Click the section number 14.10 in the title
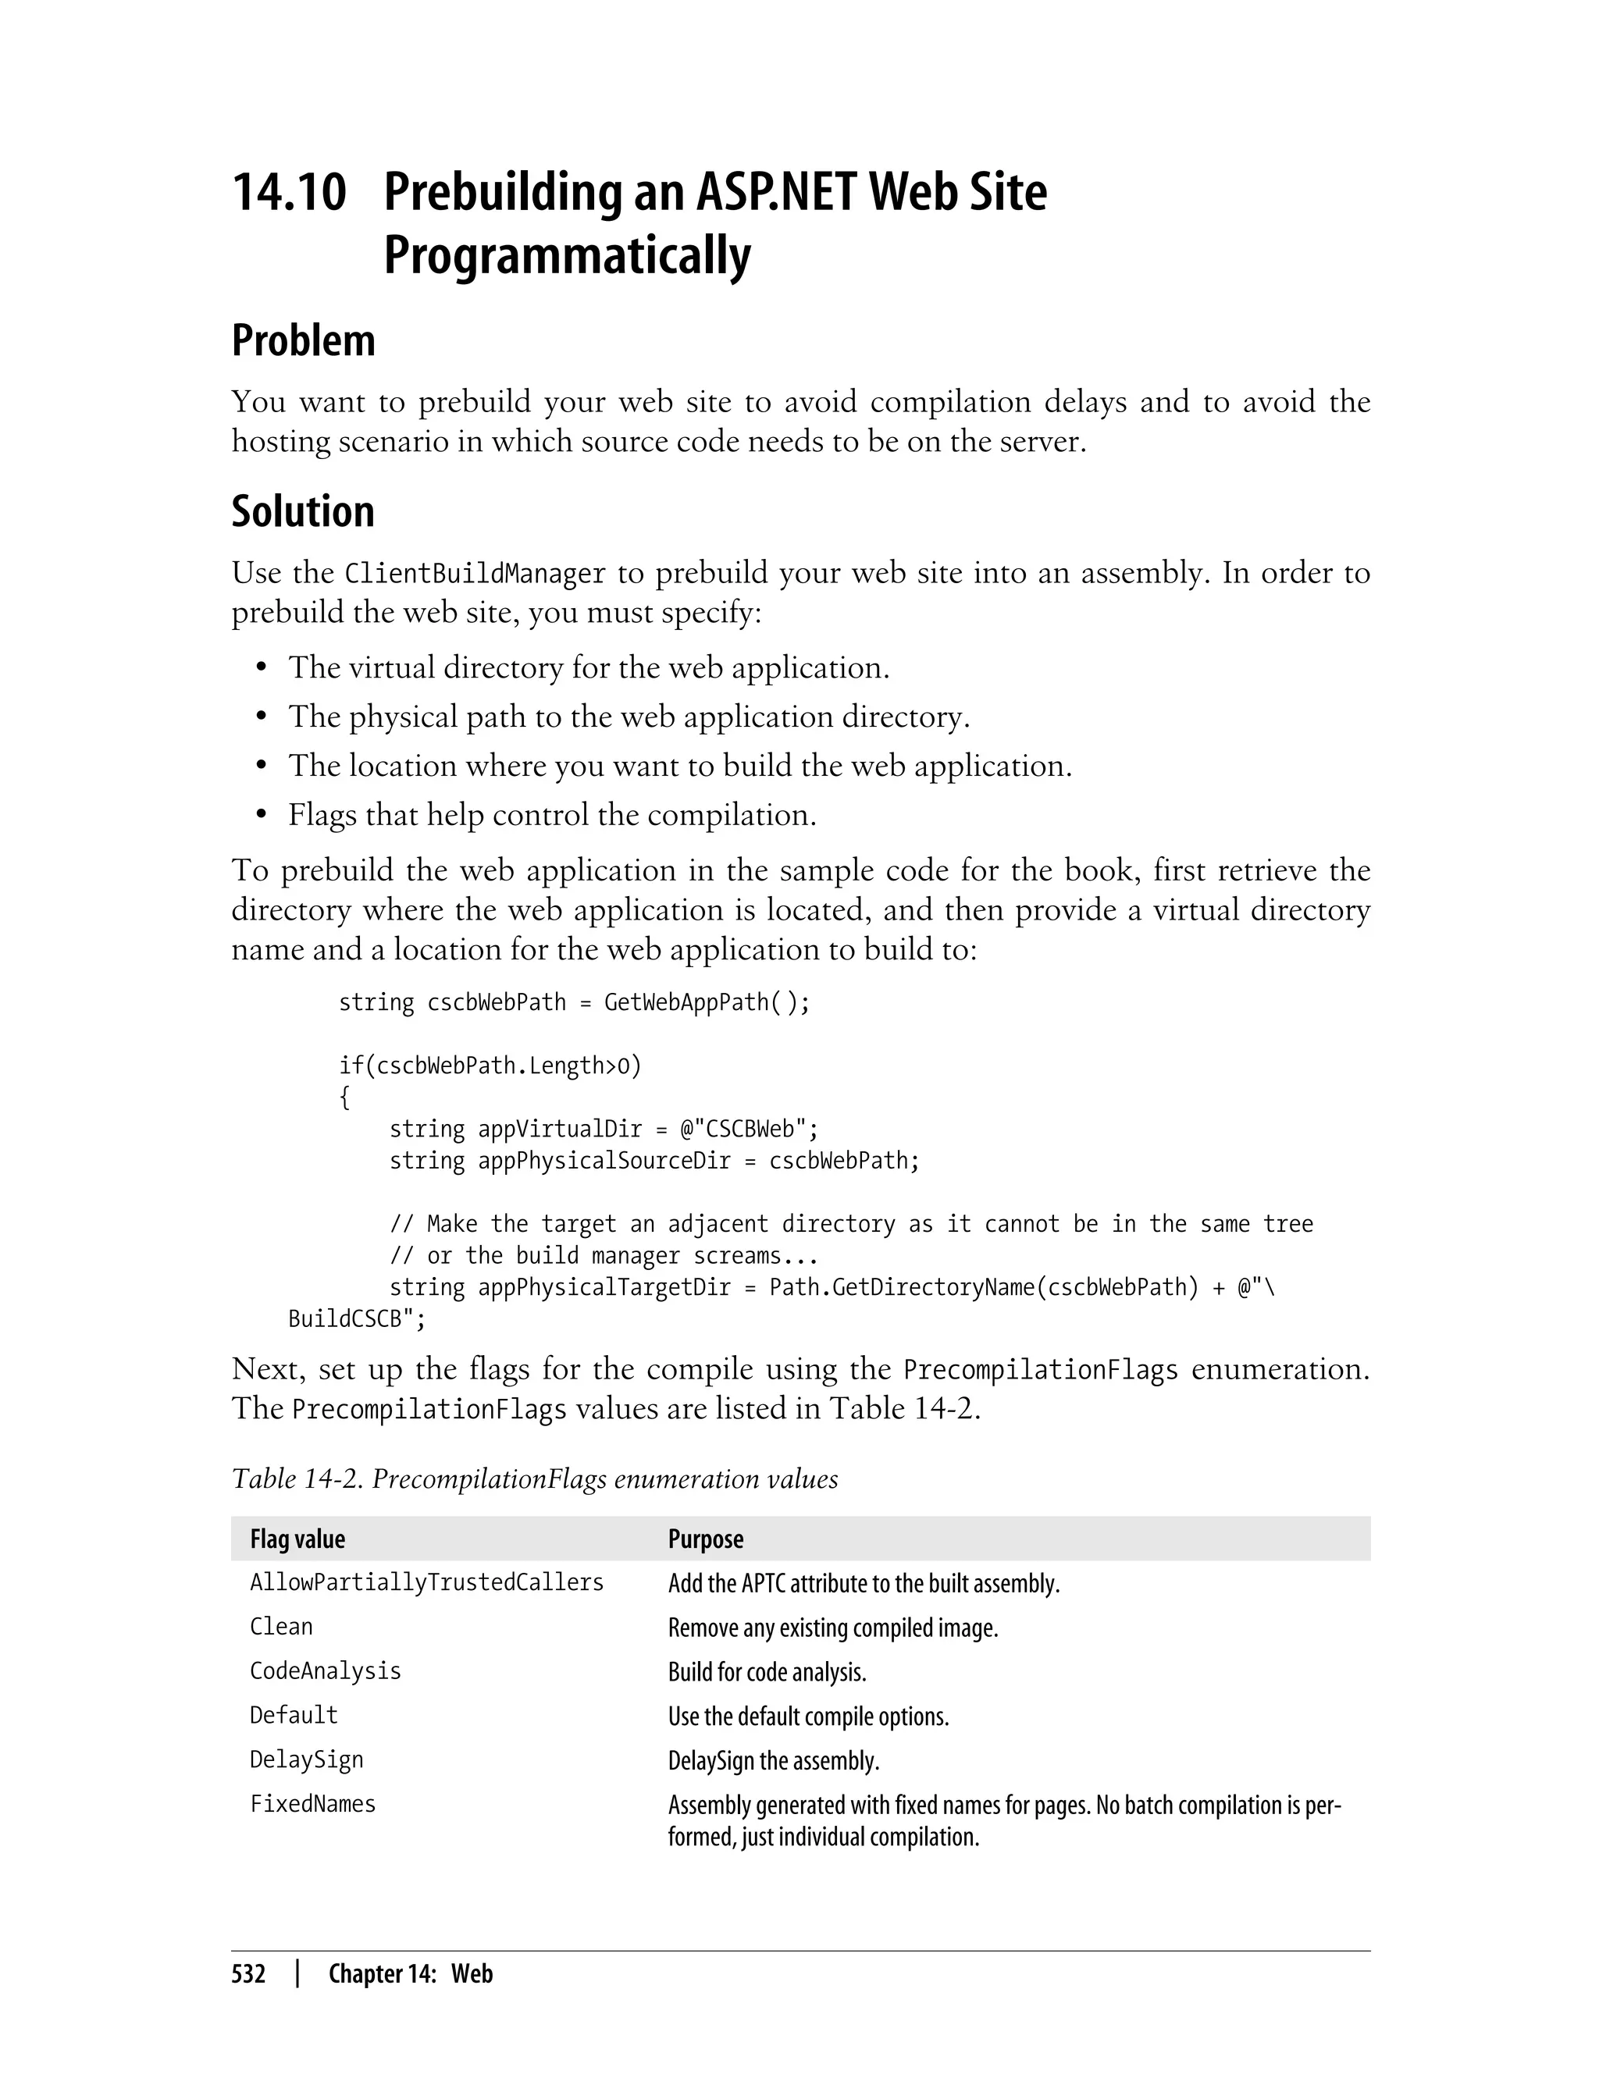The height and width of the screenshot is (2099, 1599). click(x=290, y=192)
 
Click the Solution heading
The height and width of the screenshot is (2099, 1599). click(x=303, y=512)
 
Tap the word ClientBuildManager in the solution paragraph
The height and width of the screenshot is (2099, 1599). click(x=475, y=574)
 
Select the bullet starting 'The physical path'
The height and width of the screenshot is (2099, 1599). click(x=629, y=717)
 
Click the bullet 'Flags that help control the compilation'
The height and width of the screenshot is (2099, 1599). click(x=552, y=816)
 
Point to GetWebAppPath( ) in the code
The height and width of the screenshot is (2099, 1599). click(x=707, y=1003)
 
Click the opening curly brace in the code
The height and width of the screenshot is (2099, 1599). click(x=344, y=1098)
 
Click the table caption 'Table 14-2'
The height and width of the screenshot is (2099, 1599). click(x=534, y=1479)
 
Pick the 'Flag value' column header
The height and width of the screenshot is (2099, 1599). click(x=297, y=1539)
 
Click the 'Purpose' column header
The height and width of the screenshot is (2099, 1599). click(x=705, y=1539)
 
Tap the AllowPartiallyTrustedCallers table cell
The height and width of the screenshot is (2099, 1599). click(x=426, y=1583)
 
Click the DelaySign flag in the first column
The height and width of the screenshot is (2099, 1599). click(x=307, y=1760)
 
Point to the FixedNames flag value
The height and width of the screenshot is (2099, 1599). click(x=312, y=1805)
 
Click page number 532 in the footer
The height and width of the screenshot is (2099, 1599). click(x=248, y=1973)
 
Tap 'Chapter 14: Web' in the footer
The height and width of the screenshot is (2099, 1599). click(x=410, y=1973)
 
